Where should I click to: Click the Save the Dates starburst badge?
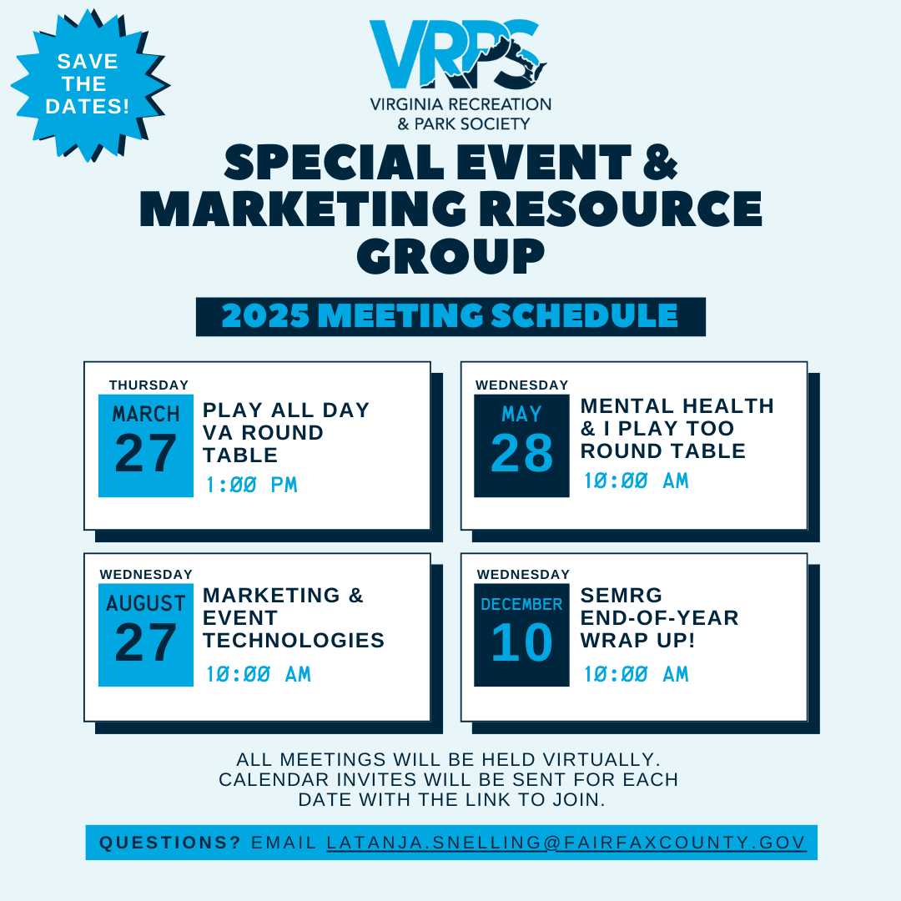tap(89, 85)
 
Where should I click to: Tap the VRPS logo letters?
tap(458, 54)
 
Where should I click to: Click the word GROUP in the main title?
tap(450, 256)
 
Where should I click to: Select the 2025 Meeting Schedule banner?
tap(450, 317)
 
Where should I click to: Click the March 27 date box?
tap(146, 445)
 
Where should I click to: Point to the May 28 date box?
tap(521, 445)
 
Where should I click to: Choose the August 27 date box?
tap(146, 635)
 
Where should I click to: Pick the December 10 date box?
tap(521, 635)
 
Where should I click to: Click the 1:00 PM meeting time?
tap(252, 485)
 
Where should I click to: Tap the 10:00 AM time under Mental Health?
tap(636, 481)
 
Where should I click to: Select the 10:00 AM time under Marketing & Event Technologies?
tap(259, 674)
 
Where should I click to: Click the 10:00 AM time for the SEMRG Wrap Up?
tap(636, 674)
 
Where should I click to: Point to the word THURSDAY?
tap(148, 385)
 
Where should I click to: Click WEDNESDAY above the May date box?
tap(521, 385)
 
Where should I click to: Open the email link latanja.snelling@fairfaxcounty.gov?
tap(566, 843)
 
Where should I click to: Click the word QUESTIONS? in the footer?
tap(169, 843)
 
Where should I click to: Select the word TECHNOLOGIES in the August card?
tap(294, 640)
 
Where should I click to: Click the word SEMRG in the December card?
tap(622, 596)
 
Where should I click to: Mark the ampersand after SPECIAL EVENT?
tap(661, 163)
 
